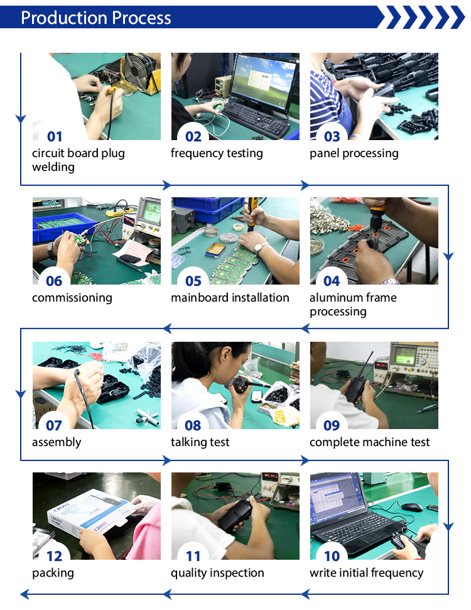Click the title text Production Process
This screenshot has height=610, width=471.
coord(95,18)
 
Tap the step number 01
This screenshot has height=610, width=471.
coord(55,136)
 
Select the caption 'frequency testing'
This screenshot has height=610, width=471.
coord(217,153)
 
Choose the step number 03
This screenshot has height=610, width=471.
coord(332,136)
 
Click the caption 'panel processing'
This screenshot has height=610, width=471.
coord(354,153)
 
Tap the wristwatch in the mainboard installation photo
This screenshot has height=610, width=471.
coord(261,247)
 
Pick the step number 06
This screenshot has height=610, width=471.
coord(54,281)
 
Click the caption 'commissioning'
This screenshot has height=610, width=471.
coord(72,298)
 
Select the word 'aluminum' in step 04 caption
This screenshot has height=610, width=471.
coord(332,298)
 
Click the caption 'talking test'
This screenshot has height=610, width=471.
coord(200,442)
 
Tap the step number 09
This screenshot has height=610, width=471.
coord(332,425)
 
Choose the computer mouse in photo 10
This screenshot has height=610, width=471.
coord(412,507)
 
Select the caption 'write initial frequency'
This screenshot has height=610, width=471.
coord(366,573)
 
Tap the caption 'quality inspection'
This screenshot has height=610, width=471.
coord(217,573)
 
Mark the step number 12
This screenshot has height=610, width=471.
coord(55,556)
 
